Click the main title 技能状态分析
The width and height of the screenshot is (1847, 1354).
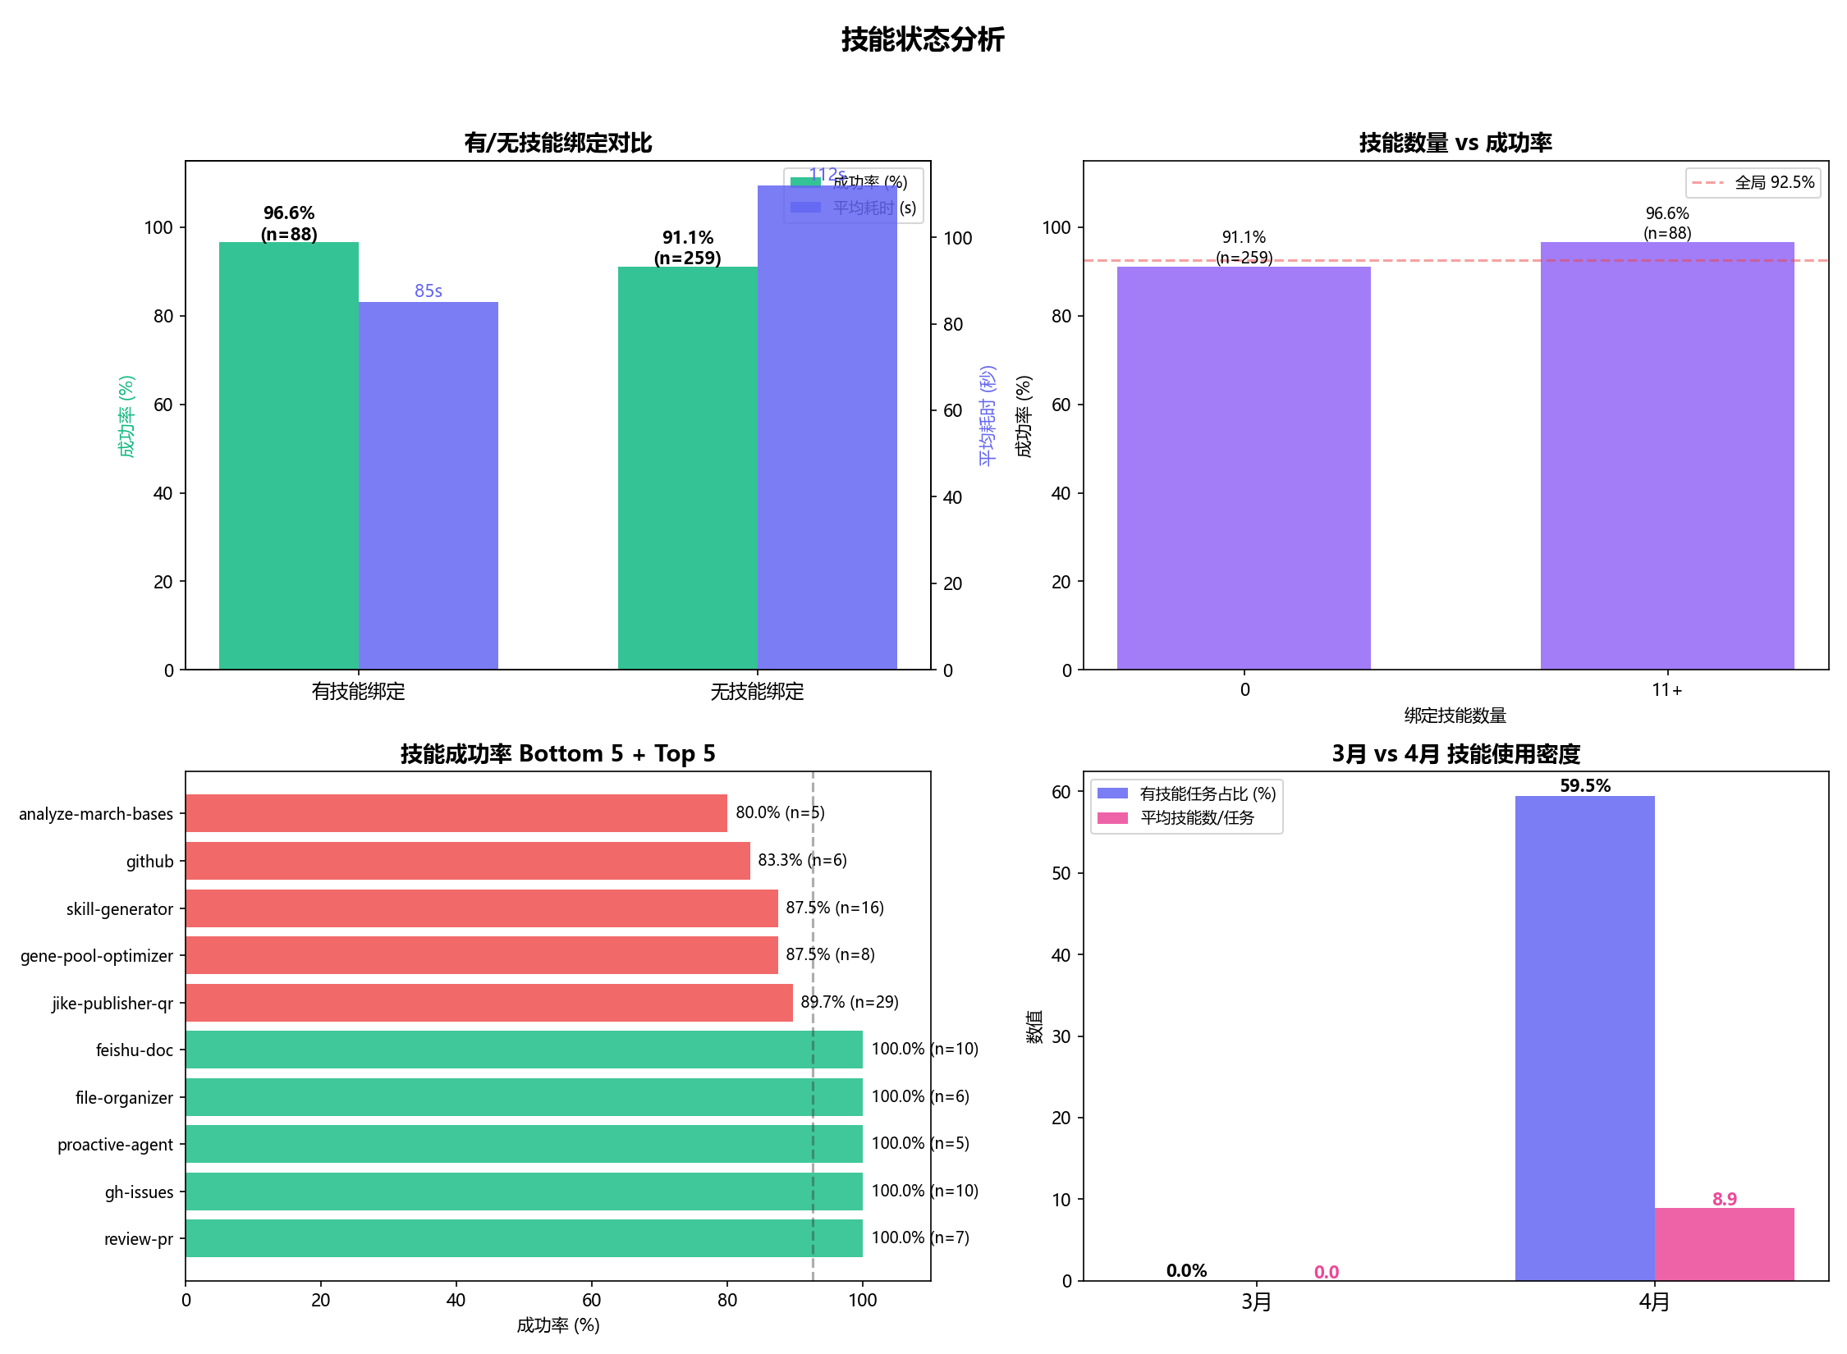click(x=923, y=39)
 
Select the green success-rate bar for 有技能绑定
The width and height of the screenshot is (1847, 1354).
click(x=288, y=455)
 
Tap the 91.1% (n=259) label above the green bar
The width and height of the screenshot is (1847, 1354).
click(x=688, y=248)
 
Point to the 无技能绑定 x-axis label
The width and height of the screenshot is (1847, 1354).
click(x=757, y=692)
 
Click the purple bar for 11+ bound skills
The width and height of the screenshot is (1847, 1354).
click(x=1666, y=455)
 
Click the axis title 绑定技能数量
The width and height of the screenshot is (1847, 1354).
click(x=1455, y=716)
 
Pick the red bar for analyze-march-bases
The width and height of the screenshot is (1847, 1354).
click(x=456, y=813)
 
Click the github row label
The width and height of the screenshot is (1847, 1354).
click(x=149, y=862)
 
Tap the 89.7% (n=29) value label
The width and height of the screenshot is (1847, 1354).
click(x=849, y=1002)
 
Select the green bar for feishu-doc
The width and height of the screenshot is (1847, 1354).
click(x=524, y=1050)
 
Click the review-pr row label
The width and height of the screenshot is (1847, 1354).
click(x=138, y=1239)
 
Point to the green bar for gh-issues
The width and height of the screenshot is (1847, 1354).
click(x=524, y=1192)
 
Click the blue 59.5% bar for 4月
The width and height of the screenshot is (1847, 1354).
click(x=1584, y=1038)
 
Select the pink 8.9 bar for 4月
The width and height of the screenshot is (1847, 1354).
click(x=1724, y=1244)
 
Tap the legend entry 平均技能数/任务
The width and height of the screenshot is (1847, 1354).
click(x=1197, y=817)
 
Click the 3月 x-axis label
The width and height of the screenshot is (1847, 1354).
click(x=1256, y=1302)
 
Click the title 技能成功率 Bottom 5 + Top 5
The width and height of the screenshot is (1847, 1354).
click(x=557, y=753)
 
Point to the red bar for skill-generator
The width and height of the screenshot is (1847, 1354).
click(x=481, y=908)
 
